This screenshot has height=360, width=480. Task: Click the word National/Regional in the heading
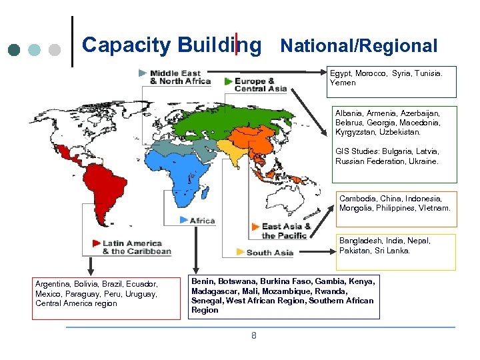coord(359,46)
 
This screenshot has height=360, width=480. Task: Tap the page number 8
coord(253,335)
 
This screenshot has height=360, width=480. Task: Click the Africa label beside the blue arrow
coord(202,221)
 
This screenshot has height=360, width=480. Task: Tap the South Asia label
coord(269,253)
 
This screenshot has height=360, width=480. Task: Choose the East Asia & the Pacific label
coord(286,231)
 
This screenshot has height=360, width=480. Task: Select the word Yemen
coord(343,83)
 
